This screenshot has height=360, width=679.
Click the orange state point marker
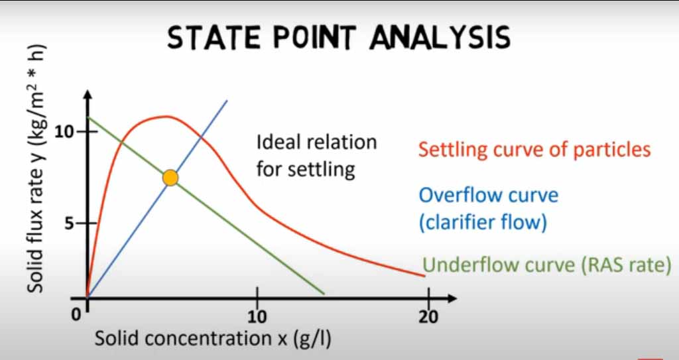coord(170,178)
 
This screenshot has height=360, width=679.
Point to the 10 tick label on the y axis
coord(65,131)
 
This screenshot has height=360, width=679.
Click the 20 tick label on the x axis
coord(428,317)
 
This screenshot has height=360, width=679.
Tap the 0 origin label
coord(77,316)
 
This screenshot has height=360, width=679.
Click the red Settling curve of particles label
coord(534,150)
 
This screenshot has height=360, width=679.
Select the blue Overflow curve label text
coord(489,196)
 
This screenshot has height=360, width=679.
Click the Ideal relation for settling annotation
coord(316,156)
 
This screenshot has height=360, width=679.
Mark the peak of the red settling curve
coord(165,116)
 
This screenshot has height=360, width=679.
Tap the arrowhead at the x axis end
coord(452,298)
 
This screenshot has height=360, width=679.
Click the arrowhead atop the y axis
coord(88,95)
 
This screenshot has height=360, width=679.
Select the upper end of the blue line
coord(227,101)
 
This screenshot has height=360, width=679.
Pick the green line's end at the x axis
coord(324,294)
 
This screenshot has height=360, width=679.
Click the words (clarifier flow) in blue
coord(483,222)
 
